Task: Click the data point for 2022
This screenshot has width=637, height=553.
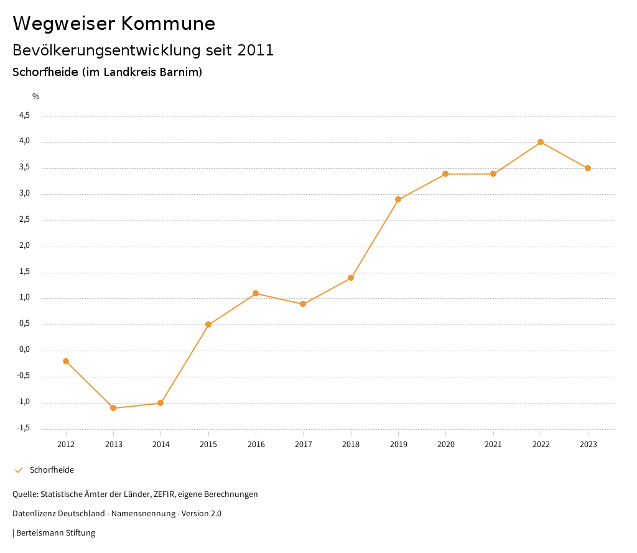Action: [x=541, y=142]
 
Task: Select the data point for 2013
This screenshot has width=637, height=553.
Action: [x=113, y=408]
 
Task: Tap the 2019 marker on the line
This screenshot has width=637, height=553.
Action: [x=398, y=199]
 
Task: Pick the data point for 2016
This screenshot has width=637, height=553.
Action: [x=256, y=293]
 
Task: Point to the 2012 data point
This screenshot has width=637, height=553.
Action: [x=66, y=361]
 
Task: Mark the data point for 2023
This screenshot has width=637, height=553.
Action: [x=588, y=168]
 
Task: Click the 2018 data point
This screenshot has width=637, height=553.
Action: [x=351, y=278]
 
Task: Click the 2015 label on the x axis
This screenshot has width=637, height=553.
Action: [x=208, y=444]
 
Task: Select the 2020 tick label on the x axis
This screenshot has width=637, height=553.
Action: [x=446, y=444]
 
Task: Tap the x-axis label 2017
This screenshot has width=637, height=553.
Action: [x=304, y=444]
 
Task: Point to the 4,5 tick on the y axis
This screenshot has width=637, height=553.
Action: [x=24, y=115]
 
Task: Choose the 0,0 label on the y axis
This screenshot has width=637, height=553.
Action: [x=24, y=349]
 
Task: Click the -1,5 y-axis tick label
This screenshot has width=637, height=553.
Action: [x=23, y=428]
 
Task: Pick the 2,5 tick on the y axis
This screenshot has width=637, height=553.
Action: [x=24, y=220]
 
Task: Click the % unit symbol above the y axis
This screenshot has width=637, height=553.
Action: [x=36, y=96]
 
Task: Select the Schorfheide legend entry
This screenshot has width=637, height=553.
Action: [x=52, y=470]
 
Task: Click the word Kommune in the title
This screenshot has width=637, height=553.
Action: [x=168, y=24]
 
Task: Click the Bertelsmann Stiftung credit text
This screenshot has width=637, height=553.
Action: [x=55, y=532]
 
